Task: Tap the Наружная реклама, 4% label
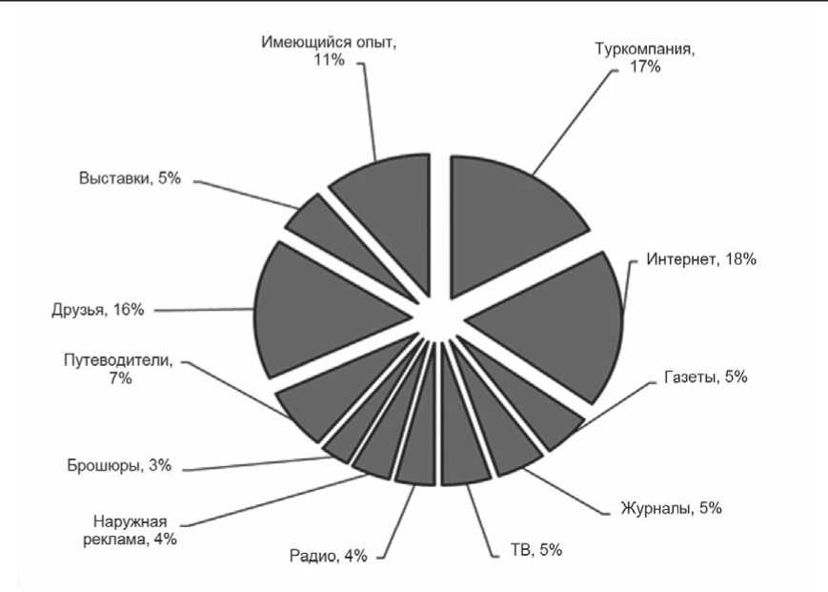135,529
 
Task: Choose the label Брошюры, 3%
118,467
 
